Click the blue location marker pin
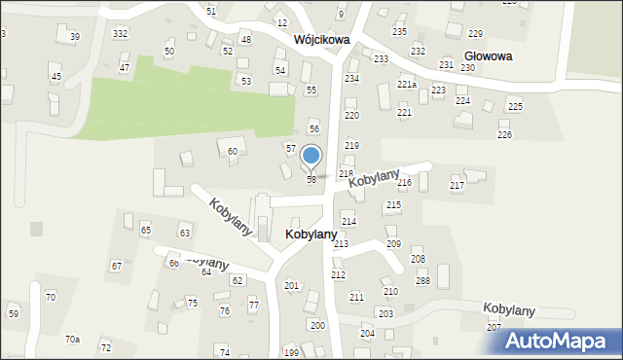click(x=311, y=157)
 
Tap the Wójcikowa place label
click(x=321, y=41)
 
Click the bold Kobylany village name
click(x=311, y=234)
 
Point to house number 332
click(x=120, y=34)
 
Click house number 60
click(x=233, y=152)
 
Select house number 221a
click(x=407, y=85)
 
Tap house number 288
click(x=422, y=281)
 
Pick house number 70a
click(x=72, y=339)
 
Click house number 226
click(x=504, y=135)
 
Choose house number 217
click(x=457, y=186)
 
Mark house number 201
click(x=291, y=285)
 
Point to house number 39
click(x=75, y=37)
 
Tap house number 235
click(x=399, y=32)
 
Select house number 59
click(x=14, y=314)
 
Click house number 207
click(x=495, y=328)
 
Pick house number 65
click(x=145, y=231)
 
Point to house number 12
click(x=282, y=22)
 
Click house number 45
click(x=55, y=77)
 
